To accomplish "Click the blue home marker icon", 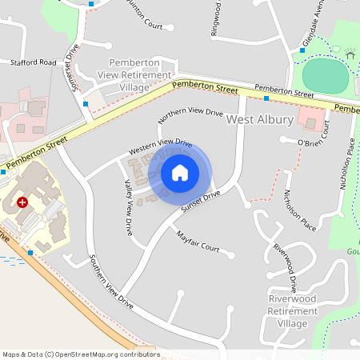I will click(180, 173).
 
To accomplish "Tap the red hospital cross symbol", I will click(22, 203).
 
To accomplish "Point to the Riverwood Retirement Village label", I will click(286, 310).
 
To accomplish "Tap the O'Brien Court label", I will click(313, 142).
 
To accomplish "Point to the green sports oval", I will click(326, 74).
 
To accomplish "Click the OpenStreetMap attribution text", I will click(81, 354).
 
